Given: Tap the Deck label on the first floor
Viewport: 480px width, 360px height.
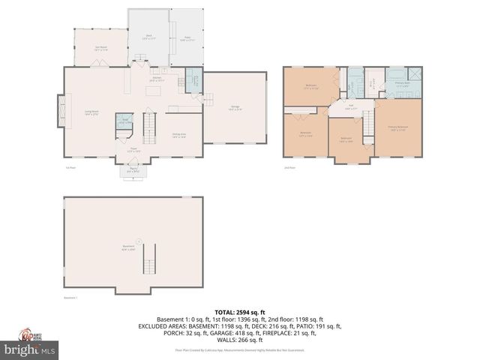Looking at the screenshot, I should click(148, 36).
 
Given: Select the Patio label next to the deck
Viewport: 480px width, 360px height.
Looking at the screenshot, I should click(187, 36).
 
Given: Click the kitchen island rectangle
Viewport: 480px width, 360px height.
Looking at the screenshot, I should click(153, 91).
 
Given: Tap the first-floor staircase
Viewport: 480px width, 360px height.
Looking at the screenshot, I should click(150, 127).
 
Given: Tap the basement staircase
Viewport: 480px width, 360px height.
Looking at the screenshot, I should click(149, 259).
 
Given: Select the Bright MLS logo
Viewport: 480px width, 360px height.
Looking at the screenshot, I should click(29, 349).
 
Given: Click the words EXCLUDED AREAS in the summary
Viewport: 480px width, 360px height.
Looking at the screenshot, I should click(163, 326).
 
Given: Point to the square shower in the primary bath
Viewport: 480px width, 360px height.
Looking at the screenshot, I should click(413, 75).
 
